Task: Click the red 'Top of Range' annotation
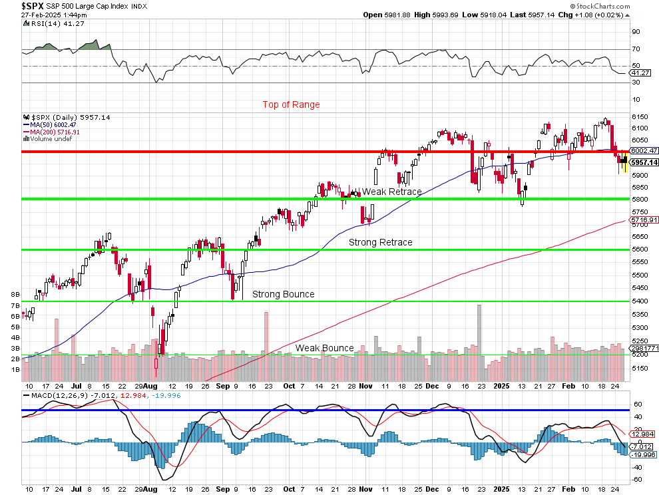coord(291,104)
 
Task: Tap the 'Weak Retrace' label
coord(391,192)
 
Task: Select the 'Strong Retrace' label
coord(381,242)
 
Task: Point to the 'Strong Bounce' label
coord(283,294)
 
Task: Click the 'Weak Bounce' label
coord(324,348)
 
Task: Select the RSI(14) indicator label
coord(43,25)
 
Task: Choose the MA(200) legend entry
coord(46,132)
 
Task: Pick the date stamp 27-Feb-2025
coord(40,14)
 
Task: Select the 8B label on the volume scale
coord(14,293)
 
